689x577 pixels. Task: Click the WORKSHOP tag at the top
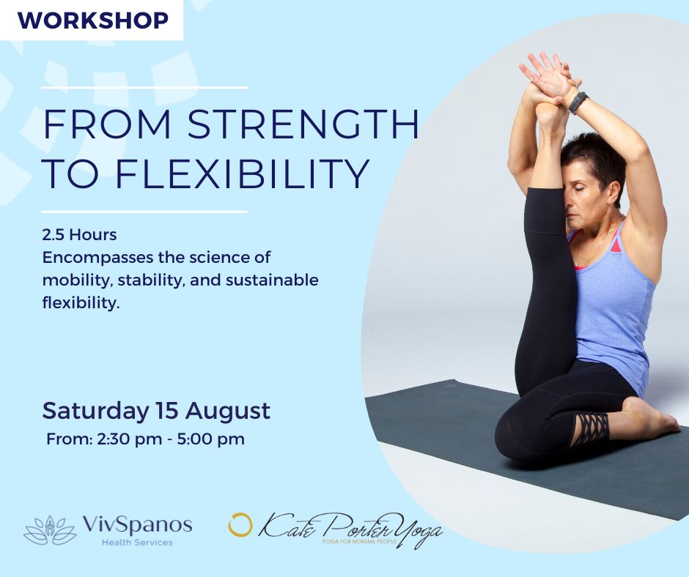point(92,21)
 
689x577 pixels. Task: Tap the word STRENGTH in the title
point(303,124)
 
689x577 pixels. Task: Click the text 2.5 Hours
point(80,235)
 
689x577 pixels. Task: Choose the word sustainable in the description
point(272,280)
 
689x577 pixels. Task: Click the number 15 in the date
point(166,411)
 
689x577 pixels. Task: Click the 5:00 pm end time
point(210,439)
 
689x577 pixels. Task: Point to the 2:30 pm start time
point(129,439)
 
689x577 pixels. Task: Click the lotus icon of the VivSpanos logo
point(50,530)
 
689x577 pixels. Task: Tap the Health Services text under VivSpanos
point(137,543)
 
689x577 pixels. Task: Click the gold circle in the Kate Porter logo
point(240,525)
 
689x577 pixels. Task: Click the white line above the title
point(144,88)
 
